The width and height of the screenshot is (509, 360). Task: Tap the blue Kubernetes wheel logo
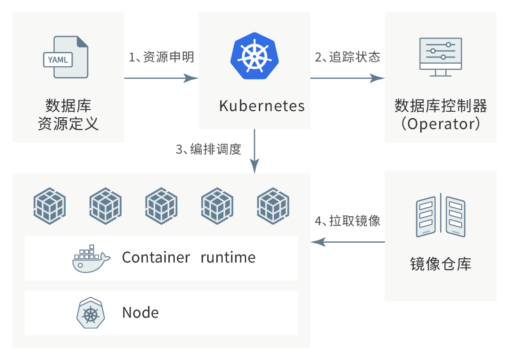point(254,56)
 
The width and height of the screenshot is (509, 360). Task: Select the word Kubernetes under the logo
point(262,106)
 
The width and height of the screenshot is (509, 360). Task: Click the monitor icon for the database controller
point(441,57)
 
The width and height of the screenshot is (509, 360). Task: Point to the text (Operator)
point(441,124)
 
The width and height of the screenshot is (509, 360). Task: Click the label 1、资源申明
point(161,57)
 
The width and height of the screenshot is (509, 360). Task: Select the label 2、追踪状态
point(348,57)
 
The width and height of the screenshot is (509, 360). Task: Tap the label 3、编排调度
point(209,149)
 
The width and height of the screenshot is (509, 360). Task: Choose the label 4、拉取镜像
point(348,221)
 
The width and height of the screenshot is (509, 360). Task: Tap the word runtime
point(228,257)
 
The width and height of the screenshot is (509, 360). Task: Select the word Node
point(140,312)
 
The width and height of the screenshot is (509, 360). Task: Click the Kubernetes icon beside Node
point(90,313)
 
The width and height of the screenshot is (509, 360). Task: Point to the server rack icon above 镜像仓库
point(441,215)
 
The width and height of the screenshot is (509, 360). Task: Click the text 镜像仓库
point(441,264)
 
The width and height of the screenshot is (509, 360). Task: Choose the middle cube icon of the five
point(161,206)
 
